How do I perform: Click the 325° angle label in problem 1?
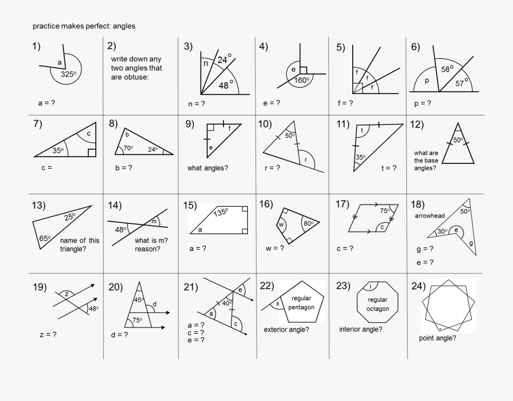pyautogui.click(x=68, y=74)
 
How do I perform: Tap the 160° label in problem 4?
pyautogui.click(x=302, y=80)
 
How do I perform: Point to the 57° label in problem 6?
pyautogui.click(x=463, y=83)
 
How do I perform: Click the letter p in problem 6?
pyautogui.click(x=426, y=81)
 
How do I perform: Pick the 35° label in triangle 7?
pyautogui.click(x=57, y=151)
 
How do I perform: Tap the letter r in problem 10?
pyautogui.click(x=306, y=161)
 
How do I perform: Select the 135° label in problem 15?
pyautogui.click(x=221, y=213)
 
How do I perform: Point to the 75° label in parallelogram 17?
pyautogui.click(x=385, y=211)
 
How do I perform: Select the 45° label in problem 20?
pyautogui.click(x=139, y=300)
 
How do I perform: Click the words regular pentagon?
pyautogui.click(x=302, y=302)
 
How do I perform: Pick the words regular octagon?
pyautogui.click(x=377, y=304)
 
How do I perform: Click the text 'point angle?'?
pyautogui.click(x=437, y=338)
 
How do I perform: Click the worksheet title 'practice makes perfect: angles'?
pyautogui.click(x=84, y=26)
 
